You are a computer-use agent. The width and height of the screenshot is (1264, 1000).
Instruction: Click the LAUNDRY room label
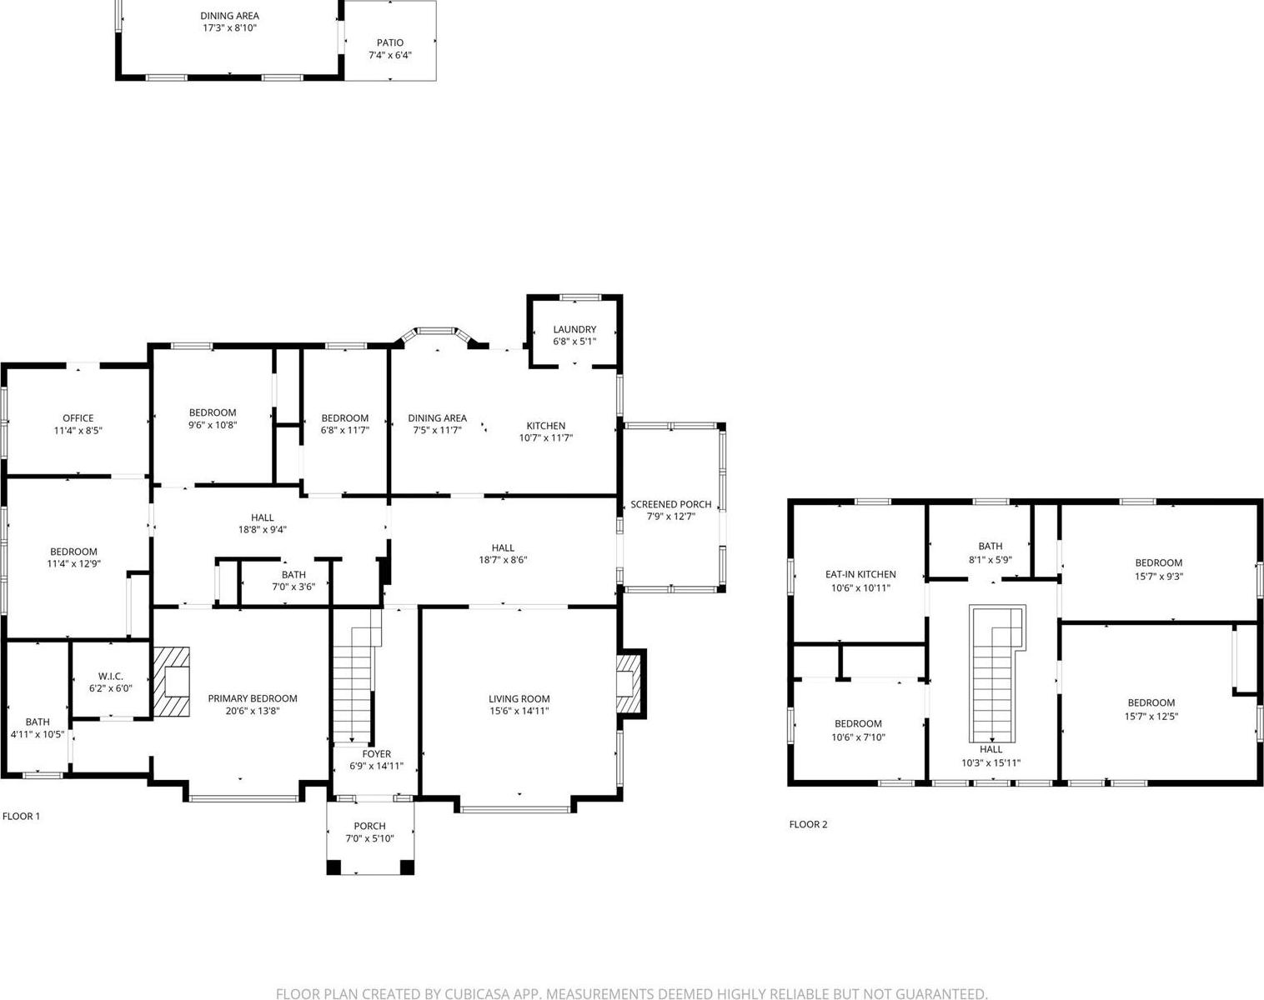574,329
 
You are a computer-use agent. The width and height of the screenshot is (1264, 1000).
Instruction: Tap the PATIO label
389,42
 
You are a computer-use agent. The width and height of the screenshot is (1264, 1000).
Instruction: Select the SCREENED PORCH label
670,504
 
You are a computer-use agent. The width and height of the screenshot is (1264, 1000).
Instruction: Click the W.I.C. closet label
110,676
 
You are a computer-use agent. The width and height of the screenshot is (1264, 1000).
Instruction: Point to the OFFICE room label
78,418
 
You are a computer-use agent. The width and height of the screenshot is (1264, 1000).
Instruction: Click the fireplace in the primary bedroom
172,681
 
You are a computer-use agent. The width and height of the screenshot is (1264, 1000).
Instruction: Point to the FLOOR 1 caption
22,816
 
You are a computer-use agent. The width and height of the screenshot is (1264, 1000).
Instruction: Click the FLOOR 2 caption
808,824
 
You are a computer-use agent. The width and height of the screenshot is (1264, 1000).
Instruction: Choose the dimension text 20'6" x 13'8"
252,711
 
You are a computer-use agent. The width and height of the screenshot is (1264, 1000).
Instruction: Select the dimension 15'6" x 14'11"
519,711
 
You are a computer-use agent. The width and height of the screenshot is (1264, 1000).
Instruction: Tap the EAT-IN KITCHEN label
860,574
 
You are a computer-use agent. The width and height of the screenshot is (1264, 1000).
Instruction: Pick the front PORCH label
369,826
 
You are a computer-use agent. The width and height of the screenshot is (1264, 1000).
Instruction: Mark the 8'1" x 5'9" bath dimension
991,560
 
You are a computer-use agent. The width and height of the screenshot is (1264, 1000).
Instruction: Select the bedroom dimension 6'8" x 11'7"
344,430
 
